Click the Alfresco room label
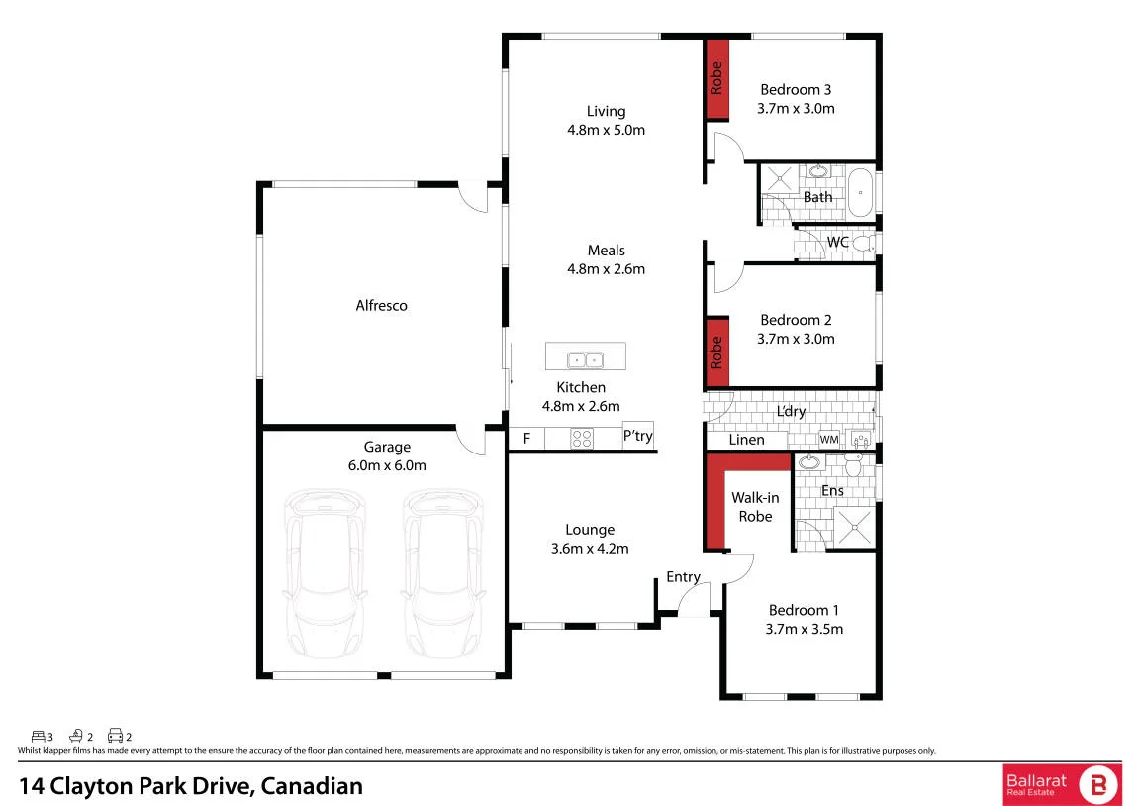pyautogui.click(x=381, y=306)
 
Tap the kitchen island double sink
pyautogui.click(x=586, y=359)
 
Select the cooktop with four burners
pyautogui.click(x=582, y=439)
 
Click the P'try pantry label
pyautogui.click(x=638, y=436)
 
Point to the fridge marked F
pyautogui.click(x=526, y=439)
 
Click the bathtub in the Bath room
pyautogui.click(x=862, y=193)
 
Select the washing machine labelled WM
pyautogui.click(x=829, y=439)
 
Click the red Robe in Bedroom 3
pyautogui.click(x=717, y=79)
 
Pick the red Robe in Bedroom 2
pyautogui.click(x=717, y=353)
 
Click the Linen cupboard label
pyautogui.click(x=747, y=440)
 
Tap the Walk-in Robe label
pyautogui.click(x=755, y=507)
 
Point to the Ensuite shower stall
pyautogui.click(x=853, y=526)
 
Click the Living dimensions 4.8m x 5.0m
pyautogui.click(x=606, y=130)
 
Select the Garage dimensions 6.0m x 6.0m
pyautogui.click(x=387, y=465)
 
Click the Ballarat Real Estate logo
pyautogui.click(x=1062, y=785)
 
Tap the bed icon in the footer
pyautogui.click(x=39, y=737)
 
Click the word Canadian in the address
pyautogui.click(x=312, y=786)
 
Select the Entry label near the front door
pyautogui.click(x=684, y=577)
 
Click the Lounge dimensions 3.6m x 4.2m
pyautogui.click(x=590, y=549)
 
